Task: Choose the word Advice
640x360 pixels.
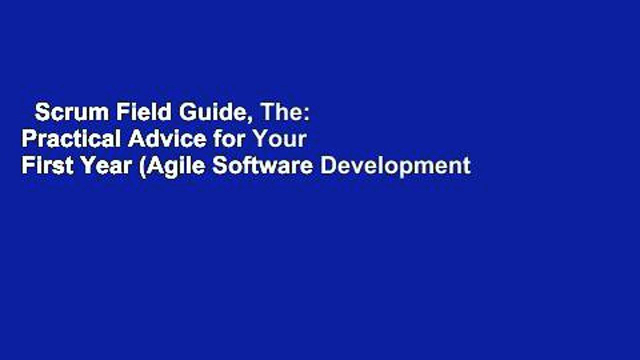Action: tap(167, 139)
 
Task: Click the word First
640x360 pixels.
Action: tap(45, 165)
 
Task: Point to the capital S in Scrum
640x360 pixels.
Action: tap(41, 113)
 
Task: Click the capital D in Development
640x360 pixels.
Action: tap(326, 165)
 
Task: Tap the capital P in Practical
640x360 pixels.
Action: tap(27, 139)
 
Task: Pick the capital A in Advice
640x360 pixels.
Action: tap(134, 139)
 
